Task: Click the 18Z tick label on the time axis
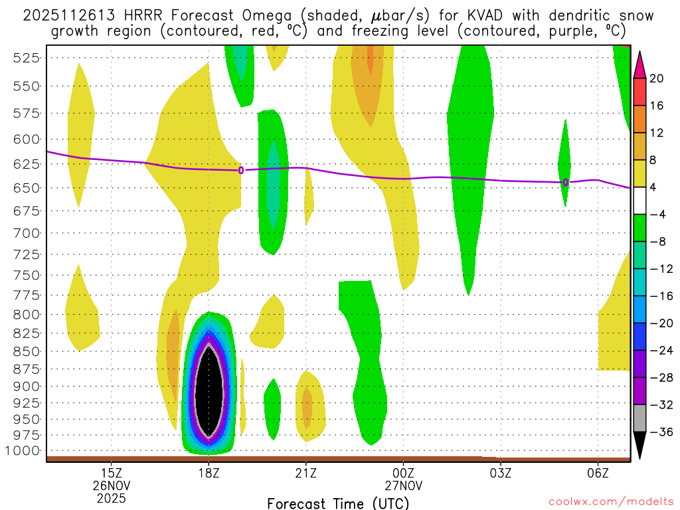pos(209,473)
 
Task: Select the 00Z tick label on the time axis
pos(403,473)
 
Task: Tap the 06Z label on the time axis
pos(598,473)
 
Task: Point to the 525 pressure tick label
pos(27,58)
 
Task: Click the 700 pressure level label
pos(27,233)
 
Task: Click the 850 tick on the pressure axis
pos(27,351)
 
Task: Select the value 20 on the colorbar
pos(656,78)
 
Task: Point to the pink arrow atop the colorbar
pos(640,64)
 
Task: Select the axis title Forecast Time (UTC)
pos(338,503)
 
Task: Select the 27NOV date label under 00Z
pos(403,485)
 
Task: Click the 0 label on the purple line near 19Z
pos(241,171)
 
